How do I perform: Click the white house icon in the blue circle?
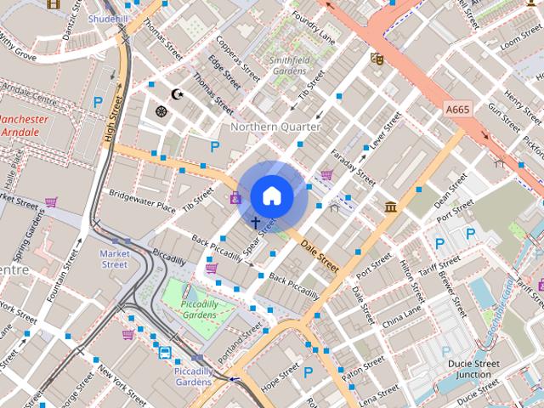(272, 196)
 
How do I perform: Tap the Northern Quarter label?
(276, 127)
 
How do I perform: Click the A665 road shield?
(456, 109)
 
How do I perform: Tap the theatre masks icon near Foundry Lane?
(377, 59)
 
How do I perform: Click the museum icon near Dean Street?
(391, 207)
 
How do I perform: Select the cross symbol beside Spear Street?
(255, 223)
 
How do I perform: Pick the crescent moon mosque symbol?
(177, 93)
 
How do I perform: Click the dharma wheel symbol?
(161, 111)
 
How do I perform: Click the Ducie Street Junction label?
(473, 369)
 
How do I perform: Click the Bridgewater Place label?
(142, 201)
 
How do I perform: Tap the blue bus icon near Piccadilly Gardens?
(163, 352)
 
